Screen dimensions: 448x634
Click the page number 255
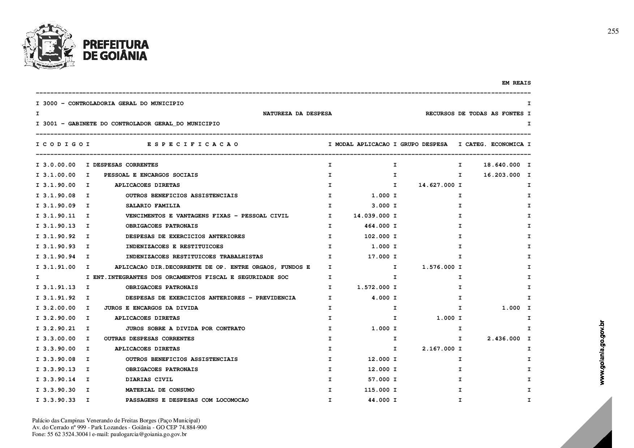(x=613, y=31)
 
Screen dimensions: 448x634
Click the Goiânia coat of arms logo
(x=49, y=46)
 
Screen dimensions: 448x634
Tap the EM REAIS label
(x=516, y=83)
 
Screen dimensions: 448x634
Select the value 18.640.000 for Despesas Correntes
(x=502, y=165)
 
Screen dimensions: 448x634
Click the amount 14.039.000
(x=371, y=216)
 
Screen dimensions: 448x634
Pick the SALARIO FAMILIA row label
(x=153, y=206)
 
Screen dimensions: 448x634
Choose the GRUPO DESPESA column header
(x=424, y=144)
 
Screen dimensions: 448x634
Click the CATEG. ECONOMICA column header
(x=494, y=144)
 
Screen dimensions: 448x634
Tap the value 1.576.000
(x=438, y=267)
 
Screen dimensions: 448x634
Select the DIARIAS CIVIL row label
(x=149, y=379)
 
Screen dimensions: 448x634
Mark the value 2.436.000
(x=504, y=339)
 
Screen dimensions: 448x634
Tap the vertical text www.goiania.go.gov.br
(x=602, y=352)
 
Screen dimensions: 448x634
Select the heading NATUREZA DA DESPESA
(x=297, y=113)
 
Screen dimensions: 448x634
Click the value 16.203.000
(x=502, y=175)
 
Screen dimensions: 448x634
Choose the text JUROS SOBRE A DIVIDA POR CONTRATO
(x=185, y=328)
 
